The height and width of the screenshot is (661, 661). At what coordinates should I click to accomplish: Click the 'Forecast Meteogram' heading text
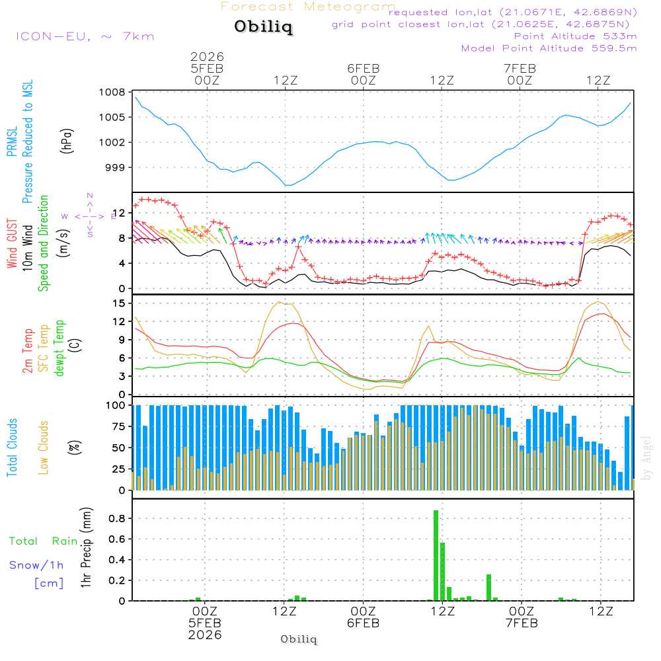tap(308, 7)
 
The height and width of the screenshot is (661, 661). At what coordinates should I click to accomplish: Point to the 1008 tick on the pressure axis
tap(113, 92)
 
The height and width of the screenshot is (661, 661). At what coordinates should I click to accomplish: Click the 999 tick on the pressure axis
tap(116, 167)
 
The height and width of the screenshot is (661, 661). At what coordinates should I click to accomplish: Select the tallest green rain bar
tap(436, 555)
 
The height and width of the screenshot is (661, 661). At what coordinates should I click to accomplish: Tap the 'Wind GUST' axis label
tap(12, 244)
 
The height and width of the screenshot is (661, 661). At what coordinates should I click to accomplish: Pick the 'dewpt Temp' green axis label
tap(60, 348)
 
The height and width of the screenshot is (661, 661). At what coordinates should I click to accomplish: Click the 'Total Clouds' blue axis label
tap(12, 447)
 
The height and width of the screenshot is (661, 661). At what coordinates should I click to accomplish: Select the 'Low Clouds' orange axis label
tap(44, 447)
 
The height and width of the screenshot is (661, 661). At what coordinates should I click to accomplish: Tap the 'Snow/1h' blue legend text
tap(36, 565)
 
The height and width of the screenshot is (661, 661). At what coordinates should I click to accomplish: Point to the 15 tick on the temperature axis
tap(118, 303)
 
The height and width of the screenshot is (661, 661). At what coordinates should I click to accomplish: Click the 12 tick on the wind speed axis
tap(118, 213)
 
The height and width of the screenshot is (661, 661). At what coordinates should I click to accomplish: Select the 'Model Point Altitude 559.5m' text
tap(549, 48)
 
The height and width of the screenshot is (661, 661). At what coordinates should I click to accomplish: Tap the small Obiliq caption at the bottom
tap(299, 639)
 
